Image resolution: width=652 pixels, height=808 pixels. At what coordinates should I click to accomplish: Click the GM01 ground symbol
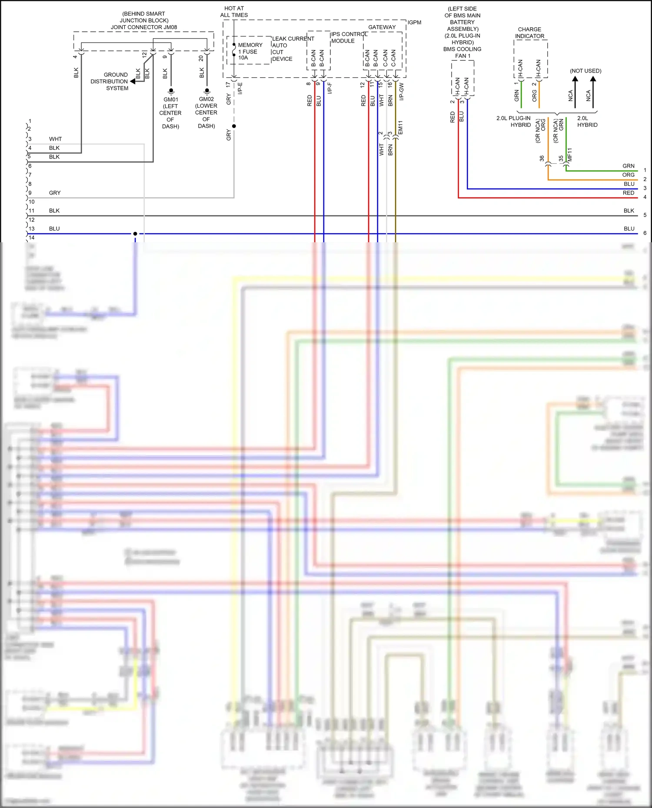[171, 92]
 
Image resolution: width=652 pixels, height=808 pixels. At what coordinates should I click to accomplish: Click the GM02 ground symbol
[207, 91]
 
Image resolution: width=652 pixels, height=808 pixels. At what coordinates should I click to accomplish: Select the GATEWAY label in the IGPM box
[382, 27]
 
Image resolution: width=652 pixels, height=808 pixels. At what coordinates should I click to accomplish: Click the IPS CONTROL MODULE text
[348, 37]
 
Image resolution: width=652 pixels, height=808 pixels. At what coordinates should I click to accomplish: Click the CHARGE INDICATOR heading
[529, 33]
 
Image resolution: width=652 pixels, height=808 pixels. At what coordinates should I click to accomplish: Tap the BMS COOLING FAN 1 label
[462, 53]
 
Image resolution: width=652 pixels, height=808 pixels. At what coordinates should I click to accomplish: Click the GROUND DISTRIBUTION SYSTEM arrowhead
[133, 81]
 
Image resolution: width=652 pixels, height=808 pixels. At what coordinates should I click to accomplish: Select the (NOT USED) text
[585, 71]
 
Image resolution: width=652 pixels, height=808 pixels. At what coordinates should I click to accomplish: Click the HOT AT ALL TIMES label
[234, 12]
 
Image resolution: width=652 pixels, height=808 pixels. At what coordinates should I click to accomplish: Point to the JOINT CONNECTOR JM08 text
[144, 27]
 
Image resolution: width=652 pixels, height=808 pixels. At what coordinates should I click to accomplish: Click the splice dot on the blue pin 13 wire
[135, 234]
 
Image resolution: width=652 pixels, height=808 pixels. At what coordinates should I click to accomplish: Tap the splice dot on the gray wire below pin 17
[234, 126]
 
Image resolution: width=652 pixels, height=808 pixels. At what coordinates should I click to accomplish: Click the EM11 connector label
[400, 128]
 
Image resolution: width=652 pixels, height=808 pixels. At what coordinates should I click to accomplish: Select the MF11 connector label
[570, 155]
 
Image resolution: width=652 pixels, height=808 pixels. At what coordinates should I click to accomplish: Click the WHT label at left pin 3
[55, 139]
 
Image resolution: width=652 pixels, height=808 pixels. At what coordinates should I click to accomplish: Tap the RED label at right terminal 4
[628, 193]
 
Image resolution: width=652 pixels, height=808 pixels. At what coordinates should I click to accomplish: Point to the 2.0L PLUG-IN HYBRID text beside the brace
[513, 122]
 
